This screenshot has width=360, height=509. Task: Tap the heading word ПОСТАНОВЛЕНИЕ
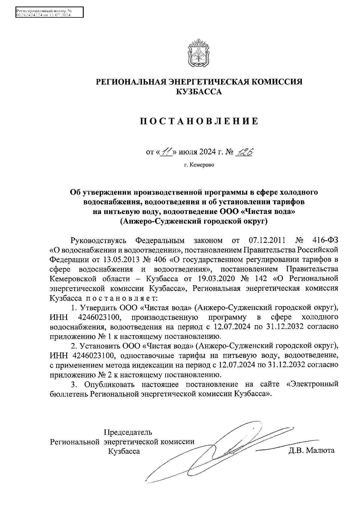[x=199, y=121]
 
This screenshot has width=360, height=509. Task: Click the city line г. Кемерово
[x=199, y=165]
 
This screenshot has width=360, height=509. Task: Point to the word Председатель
[x=128, y=432]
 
